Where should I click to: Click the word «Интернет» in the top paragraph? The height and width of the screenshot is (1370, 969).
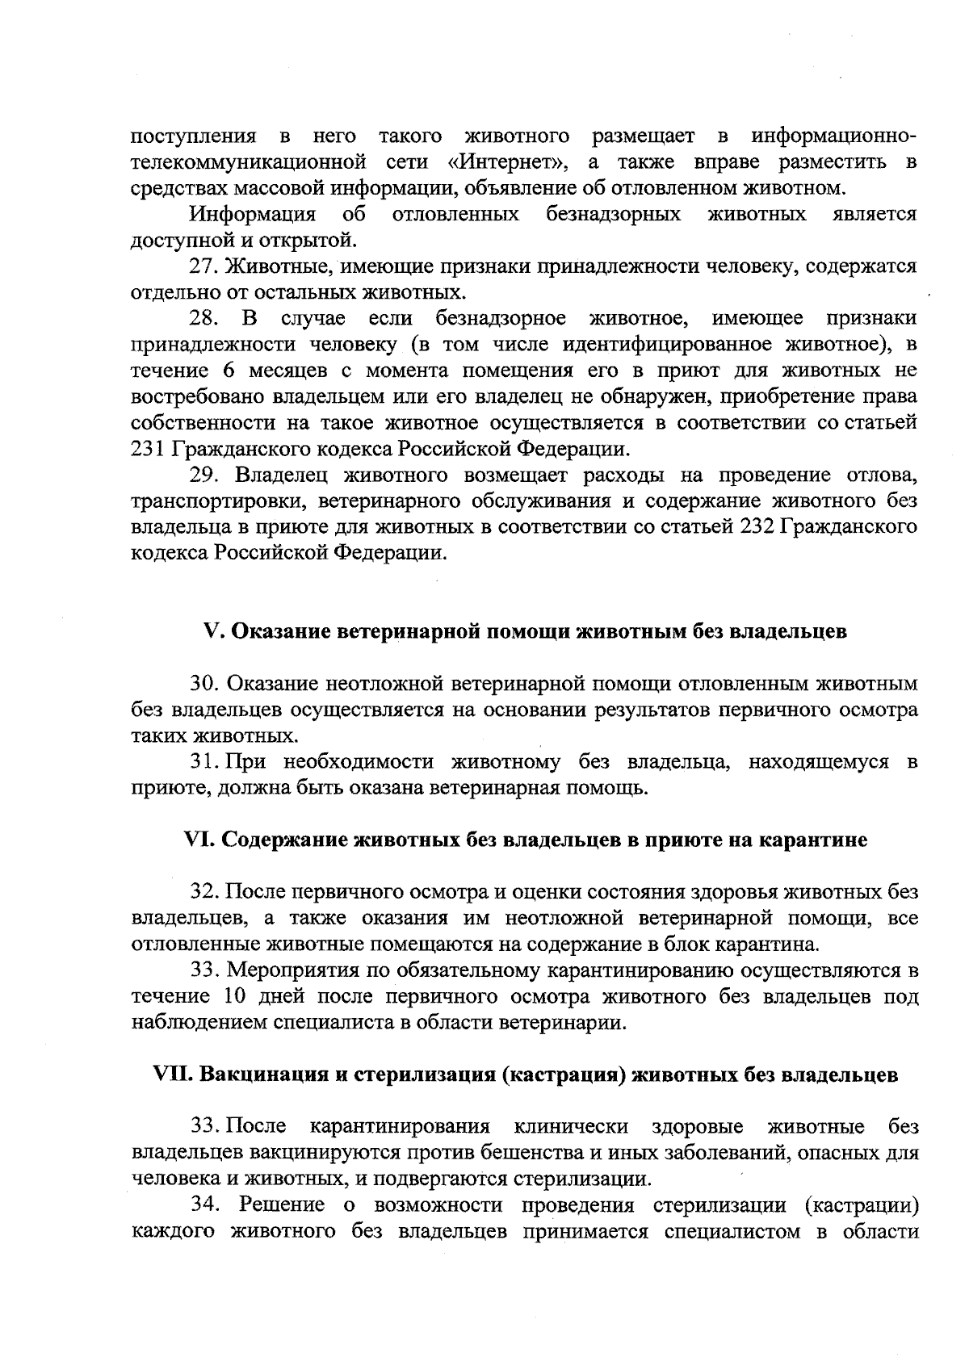pos(505,161)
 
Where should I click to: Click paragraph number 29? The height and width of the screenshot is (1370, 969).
pos(203,475)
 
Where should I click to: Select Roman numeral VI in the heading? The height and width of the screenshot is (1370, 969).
pos(199,840)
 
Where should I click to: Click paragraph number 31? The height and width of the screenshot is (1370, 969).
pos(203,762)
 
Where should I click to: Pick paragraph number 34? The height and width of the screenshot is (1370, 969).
pos(205,1205)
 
